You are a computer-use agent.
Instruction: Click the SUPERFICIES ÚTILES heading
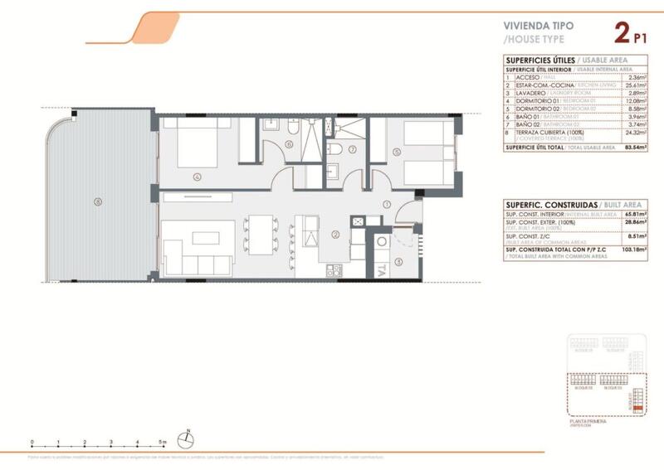534,60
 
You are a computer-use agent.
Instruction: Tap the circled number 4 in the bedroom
196,176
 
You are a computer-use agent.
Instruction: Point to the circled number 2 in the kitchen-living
334,234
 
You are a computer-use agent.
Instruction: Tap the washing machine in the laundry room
383,242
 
